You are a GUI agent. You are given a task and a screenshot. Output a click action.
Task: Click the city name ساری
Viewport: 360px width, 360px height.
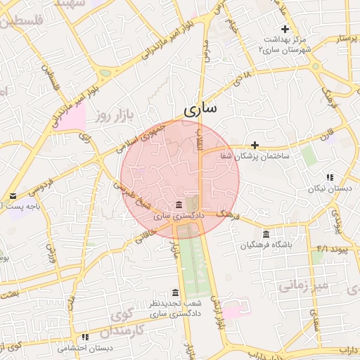(x=200, y=110)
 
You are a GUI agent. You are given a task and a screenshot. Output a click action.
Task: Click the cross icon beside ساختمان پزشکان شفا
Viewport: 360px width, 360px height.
(x=255, y=144)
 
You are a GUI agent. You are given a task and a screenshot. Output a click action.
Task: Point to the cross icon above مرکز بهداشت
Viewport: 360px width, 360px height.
(x=285, y=29)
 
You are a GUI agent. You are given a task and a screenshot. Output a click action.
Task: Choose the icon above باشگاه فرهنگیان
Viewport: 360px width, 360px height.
(x=266, y=234)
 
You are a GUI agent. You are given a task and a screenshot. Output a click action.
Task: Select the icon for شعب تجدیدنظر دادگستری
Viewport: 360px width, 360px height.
(x=175, y=292)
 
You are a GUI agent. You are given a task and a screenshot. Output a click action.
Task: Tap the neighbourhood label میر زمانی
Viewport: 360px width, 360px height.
(x=304, y=285)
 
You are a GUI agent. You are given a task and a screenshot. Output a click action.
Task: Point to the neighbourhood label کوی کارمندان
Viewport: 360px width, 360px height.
(x=127, y=323)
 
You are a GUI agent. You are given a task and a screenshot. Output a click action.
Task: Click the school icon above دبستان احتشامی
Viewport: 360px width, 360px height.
(x=85, y=337)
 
